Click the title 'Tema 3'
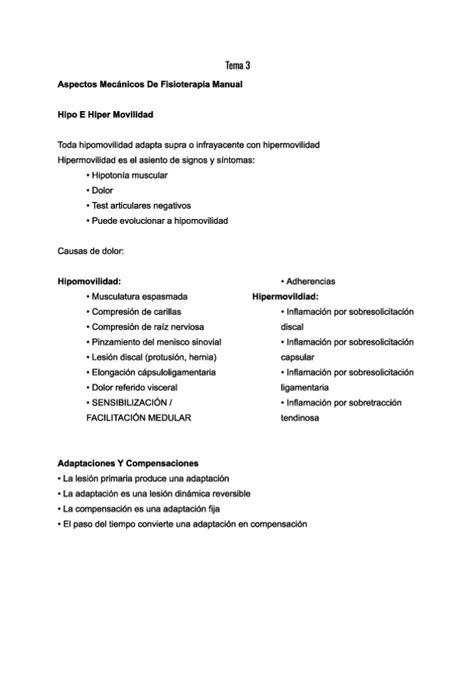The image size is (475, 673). tap(237, 64)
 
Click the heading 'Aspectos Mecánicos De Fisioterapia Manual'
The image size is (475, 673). tap(150, 85)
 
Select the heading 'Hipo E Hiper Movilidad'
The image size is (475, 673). tap(105, 115)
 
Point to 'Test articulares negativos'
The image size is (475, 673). tap(141, 206)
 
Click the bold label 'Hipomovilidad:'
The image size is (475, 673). tap(89, 281)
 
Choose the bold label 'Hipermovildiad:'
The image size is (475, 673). tap(285, 297)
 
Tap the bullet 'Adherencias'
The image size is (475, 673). tap(310, 281)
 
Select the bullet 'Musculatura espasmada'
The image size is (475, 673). tap(139, 297)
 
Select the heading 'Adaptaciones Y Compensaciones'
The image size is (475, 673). tap(128, 463)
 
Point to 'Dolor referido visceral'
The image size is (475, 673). tap(134, 387)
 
